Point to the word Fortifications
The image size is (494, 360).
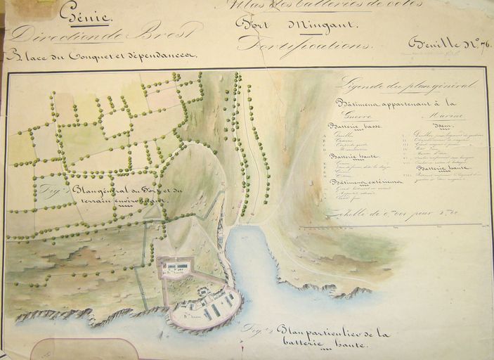coord(292,44)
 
